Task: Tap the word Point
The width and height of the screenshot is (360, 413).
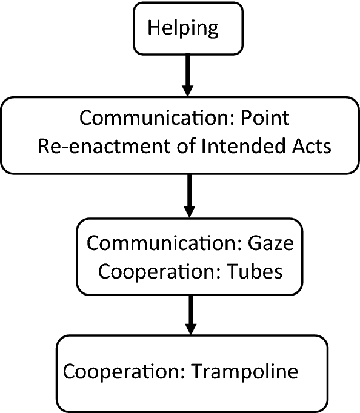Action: click(265, 117)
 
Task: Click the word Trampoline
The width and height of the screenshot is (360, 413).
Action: click(246, 371)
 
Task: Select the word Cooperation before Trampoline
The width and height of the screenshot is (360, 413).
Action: click(121, 371)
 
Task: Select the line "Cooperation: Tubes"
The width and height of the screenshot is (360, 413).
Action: click(190, 272)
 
